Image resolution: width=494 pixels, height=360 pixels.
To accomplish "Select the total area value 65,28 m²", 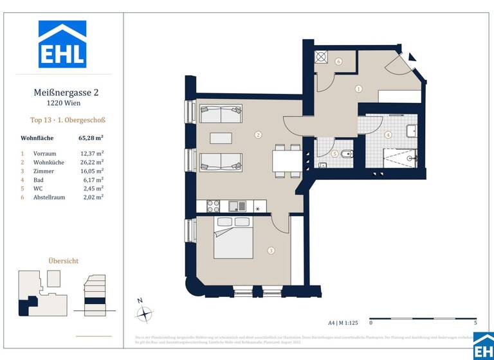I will click(91, 138).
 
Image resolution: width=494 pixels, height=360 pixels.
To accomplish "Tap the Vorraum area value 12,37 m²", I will click(91, 154).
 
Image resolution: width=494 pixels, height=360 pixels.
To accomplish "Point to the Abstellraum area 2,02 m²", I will click(91, 197).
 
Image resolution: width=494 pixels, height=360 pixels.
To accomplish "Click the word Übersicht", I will click(64, 261).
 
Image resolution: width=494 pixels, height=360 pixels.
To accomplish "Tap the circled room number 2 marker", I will click(258, 135).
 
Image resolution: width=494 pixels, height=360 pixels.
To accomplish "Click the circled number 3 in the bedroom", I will click(271, 251).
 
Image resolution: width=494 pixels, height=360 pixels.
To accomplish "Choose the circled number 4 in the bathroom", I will click(389, 135).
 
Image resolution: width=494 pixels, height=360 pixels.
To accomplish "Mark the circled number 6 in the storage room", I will click(338, 62).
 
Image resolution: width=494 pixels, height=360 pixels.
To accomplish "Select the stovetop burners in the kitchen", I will click(213, 206).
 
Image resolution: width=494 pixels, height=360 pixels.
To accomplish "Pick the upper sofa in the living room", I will click(220, 114).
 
